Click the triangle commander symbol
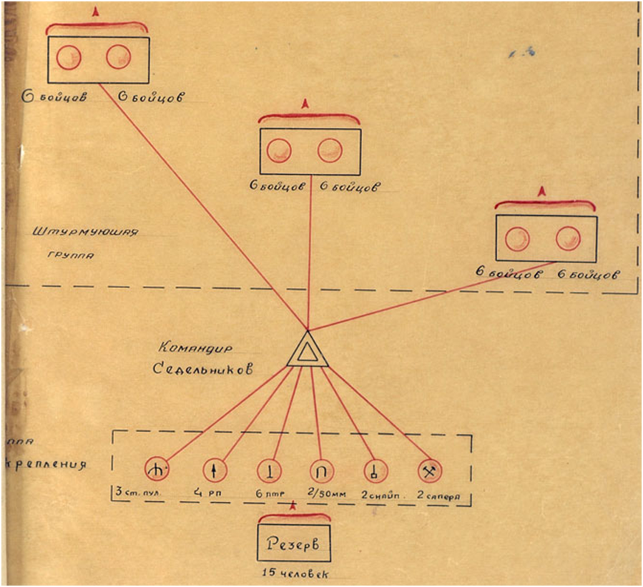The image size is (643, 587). point(308,351)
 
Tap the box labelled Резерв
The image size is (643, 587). point(293,541)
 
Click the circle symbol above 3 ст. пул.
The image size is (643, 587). point(156,470)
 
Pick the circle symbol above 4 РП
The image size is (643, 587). point(214,470)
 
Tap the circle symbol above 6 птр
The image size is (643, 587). point(269,470)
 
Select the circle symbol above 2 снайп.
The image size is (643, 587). point(374,470)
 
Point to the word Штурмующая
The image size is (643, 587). point(85,232)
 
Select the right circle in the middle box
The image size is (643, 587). point(330,151)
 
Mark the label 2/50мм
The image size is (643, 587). point(326,494)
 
